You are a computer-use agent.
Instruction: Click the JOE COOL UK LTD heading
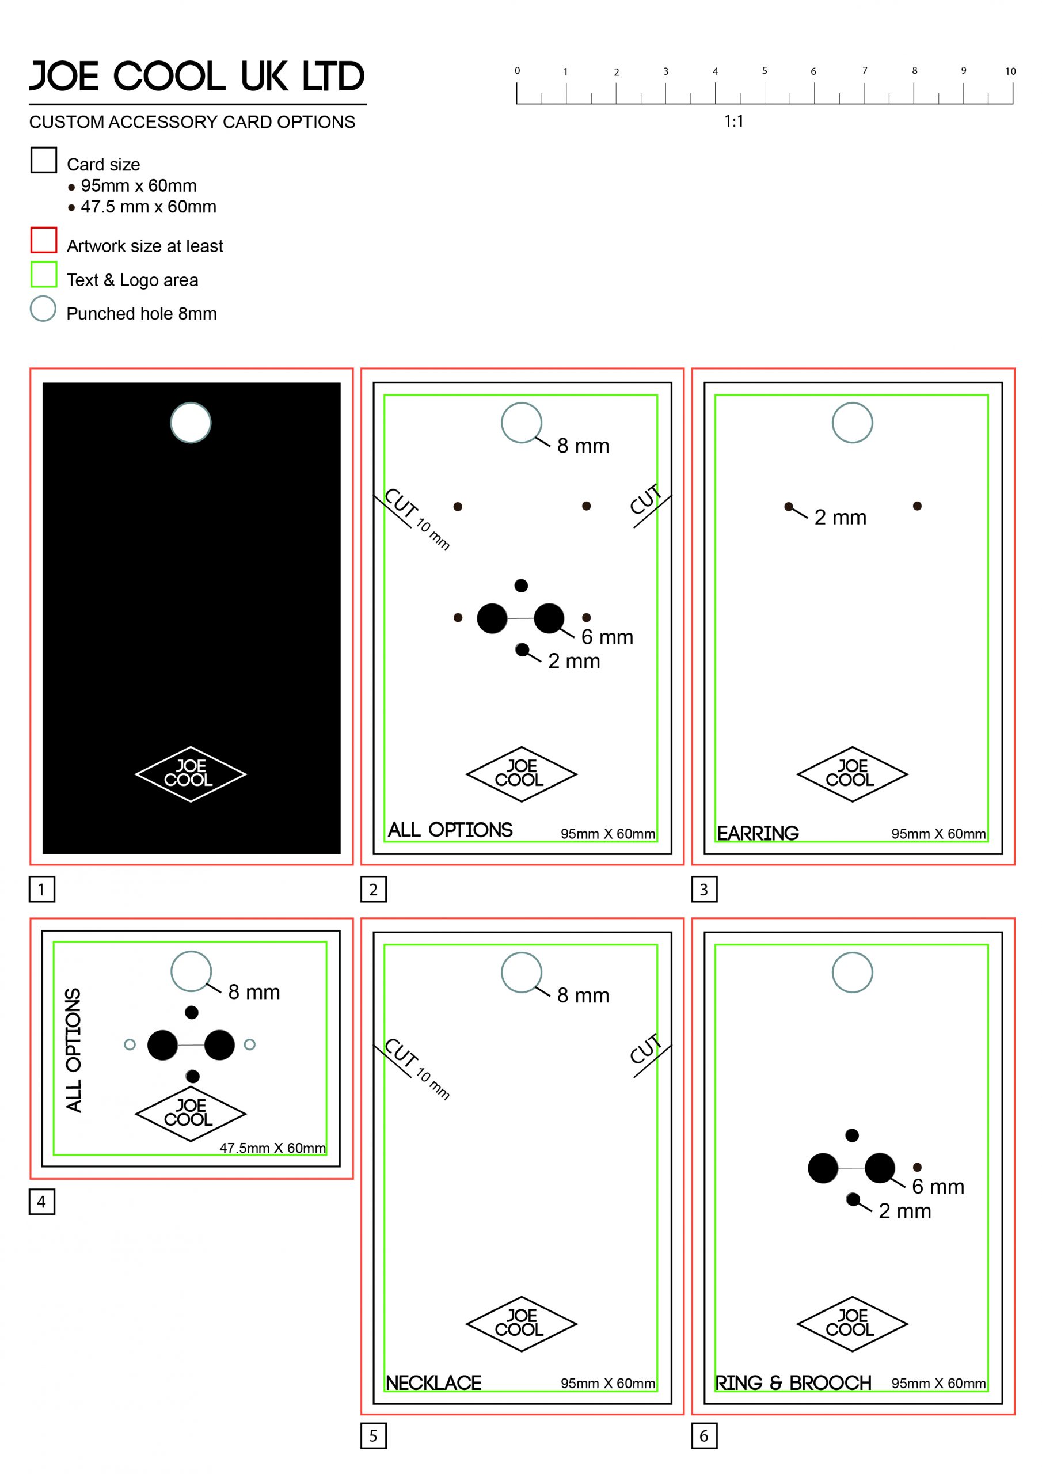(x=196, y=77)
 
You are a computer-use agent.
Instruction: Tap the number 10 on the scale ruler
(x=1010, y=71)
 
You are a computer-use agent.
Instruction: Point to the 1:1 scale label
(x=733, y=121)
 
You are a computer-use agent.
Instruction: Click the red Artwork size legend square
(x=44, y=240)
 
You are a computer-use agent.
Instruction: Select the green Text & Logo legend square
(x=44, y=274)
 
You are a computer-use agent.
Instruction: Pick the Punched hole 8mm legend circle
(x=43, y=309)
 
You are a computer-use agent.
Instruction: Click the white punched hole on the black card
(x=191, y=423)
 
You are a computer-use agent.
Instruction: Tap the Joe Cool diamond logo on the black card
(x=191, y=774)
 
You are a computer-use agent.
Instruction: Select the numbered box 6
(x=703, y=1435)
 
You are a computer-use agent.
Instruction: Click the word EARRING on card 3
(x=758, y=833)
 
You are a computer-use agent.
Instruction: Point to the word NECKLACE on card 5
(x=433, y=1382)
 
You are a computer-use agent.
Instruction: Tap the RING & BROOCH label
(x=793, y=1382)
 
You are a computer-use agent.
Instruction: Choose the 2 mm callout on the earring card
(x=840, y=517)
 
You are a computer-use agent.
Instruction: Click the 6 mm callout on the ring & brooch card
(x=937, y=1186)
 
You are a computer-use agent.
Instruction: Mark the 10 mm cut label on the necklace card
(x=433, y=1084)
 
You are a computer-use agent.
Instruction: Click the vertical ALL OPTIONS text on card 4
(x=74, y=1050)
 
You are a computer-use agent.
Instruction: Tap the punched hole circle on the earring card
(x=852, y=423)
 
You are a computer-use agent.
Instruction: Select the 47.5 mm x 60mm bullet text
(x=149, y=207)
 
